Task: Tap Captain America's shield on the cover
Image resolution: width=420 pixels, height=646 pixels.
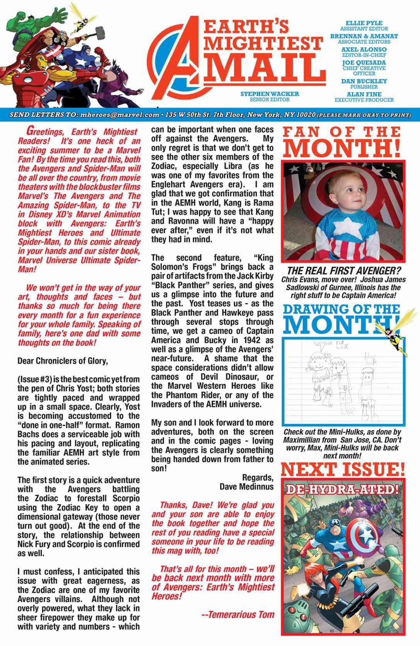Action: [365, 535]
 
